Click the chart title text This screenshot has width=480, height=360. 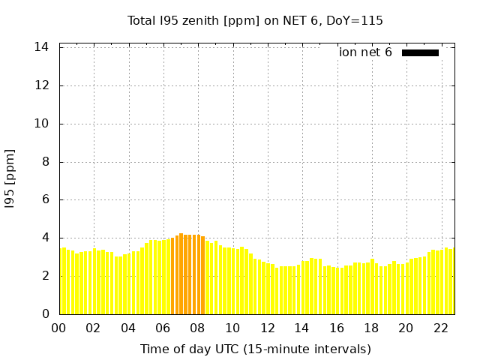(x=255, y=21)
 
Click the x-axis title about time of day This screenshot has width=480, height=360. (x=255, y=349)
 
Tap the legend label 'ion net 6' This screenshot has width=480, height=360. (x=365, y=52)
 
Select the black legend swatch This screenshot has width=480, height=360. (x=420, y=52)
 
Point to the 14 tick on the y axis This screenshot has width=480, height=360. (x=42, y=47)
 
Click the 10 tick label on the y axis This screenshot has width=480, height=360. (x=42, y=124)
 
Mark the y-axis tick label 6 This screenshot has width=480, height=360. (x=45, y=200)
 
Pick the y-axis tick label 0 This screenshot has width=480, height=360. (x=45, y=314)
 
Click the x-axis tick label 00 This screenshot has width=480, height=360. (x=58, y=328)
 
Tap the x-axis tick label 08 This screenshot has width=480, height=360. (x=197, y=328)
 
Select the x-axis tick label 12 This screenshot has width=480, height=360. (x=267, y=328)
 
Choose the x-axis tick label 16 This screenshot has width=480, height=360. (x=336, y=328)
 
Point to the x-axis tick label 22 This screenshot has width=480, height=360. (x=440, y=328)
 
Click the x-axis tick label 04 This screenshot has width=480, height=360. (x=128, y=328)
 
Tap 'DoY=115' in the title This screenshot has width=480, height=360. (x=355, y=21)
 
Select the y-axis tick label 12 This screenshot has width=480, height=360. (x=42, y=85)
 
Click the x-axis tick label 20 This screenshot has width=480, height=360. (x=406, y=328)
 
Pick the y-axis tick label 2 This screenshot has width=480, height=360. (x=45, y=276)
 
